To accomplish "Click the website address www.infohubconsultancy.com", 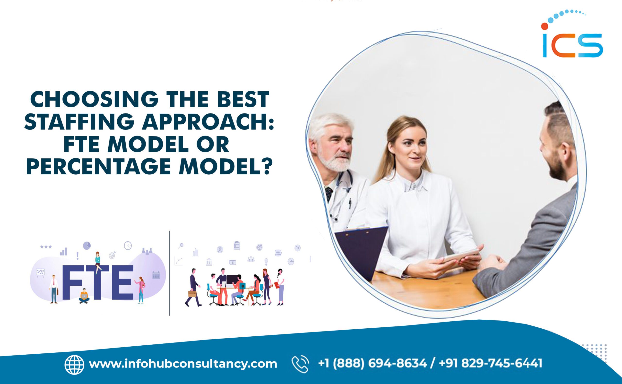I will pyautogui.click(x=183, y=364).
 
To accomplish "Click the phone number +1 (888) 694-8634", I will pyautogui.click(x=372, y=363).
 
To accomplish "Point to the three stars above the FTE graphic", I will pyautogui.click(x=46, y=247).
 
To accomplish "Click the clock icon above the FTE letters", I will pyautogui.click(x=128, y=246).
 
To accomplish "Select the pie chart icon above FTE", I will pyautogui.click(x=87, y=245).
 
